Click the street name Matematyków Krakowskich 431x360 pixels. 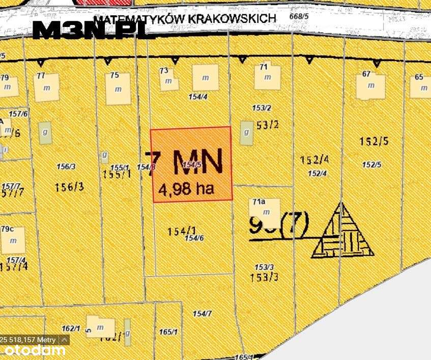[186, 18]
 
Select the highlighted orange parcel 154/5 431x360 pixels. [191, 164]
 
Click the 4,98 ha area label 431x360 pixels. [186, 189]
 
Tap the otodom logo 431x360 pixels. [33, 350]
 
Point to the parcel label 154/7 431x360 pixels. [202, 314]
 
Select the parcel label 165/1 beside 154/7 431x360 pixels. [168, 332]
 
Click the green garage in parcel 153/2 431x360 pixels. [246, 132]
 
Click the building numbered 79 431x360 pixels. [8, 87]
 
